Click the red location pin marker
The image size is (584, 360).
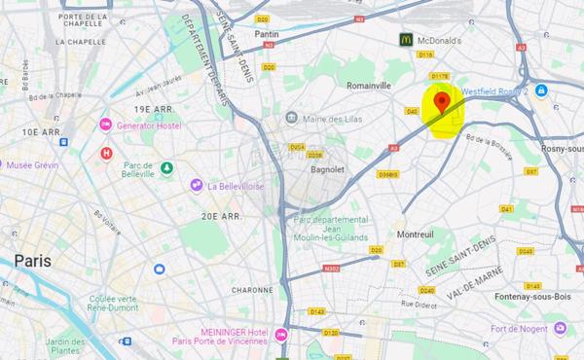[443, 101]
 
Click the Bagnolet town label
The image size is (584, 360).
[328, 169]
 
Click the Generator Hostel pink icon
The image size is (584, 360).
[106, 125]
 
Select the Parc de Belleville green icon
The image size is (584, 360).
[167, 167]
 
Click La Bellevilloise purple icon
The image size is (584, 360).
[197, 185]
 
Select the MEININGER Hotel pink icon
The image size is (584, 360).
[281, 335]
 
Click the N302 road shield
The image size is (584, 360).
[333, 269]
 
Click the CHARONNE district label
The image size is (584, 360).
[252, 289]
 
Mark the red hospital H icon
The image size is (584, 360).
[107, 153]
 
